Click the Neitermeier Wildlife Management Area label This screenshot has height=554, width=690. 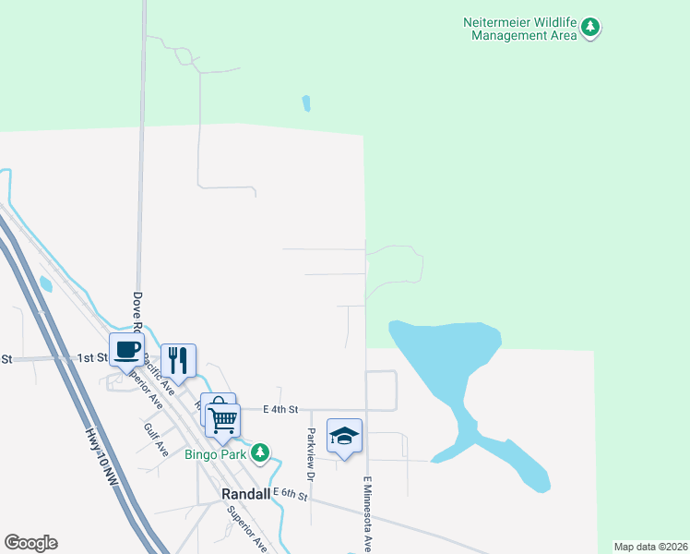(523, 29)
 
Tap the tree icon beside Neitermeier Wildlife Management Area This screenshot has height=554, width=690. (590, 29)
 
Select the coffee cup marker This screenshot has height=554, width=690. (126, 350)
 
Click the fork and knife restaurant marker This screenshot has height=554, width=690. (178, 360)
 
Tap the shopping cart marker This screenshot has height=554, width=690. (223, 419)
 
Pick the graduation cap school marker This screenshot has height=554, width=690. (344, 436)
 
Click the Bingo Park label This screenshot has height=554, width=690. (215, 453)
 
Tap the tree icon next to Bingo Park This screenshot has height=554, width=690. (261, 452)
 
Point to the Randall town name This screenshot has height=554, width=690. (246, 494)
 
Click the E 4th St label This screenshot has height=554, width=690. (280, 409)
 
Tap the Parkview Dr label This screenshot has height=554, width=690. (312, 454)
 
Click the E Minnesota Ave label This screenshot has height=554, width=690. (367, 513)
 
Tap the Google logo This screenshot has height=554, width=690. (30, 543)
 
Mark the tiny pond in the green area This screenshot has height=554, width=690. (305, 103)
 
